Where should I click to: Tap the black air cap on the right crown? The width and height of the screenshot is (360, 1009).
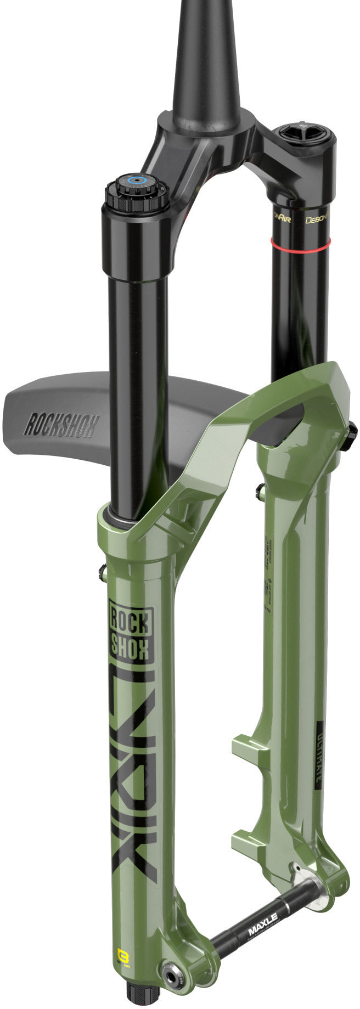[x=305, y=133]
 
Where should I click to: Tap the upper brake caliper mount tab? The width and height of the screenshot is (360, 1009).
[x=245, y=745]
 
